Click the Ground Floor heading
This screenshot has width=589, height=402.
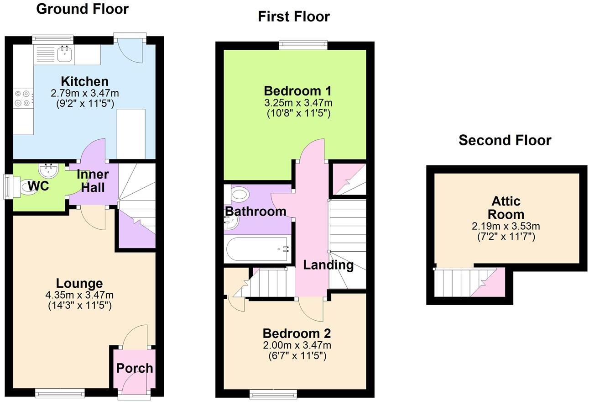coord(82,9)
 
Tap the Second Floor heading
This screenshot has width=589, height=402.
coord(505,140)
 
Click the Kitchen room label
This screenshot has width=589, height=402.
coord(85,82)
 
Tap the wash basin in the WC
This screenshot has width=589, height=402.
coord(49,171)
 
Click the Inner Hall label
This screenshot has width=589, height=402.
coord(93,181)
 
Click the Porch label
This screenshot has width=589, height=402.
coord(135,368)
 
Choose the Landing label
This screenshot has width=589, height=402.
coord(328,264)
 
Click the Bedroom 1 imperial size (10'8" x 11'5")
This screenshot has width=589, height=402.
coord(298,113)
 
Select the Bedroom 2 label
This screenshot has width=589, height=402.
coord(297,333)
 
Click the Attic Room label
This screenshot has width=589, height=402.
coord(506,208)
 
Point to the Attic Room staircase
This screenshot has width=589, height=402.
coord(465,282)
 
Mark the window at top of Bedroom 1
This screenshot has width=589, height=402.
coord(303,44)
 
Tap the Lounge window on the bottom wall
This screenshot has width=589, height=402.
coord(60,392)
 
